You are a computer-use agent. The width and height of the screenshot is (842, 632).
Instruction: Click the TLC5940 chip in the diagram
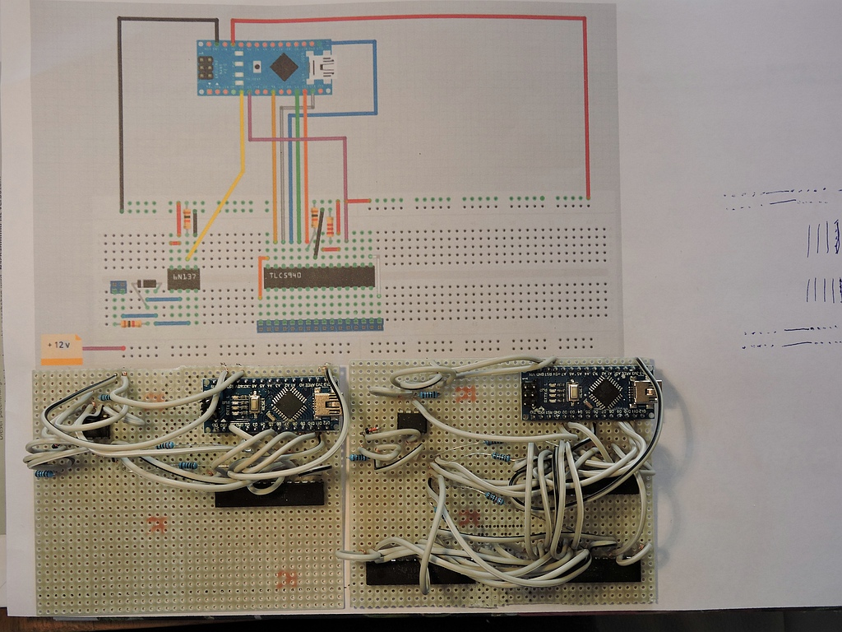tap(317, 276)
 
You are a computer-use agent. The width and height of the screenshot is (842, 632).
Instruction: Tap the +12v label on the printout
tap(62, 346)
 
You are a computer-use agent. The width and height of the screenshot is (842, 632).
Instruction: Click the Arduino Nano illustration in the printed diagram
tap(264, 67)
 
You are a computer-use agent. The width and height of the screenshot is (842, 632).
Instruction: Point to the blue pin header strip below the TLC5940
tap(319, 326)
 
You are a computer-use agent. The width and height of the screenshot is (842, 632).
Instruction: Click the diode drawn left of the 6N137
tap(147, 284)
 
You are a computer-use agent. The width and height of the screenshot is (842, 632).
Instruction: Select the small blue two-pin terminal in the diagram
tap(118, 286)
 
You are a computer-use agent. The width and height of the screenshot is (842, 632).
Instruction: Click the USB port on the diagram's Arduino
tap(321, 66)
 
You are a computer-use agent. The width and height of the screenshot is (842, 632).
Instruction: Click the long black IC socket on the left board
tap(269, 495)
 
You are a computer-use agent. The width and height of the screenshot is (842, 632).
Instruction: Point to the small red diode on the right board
tap(372, 430)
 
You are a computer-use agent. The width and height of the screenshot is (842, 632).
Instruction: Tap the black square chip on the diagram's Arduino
tap(284, 67)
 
